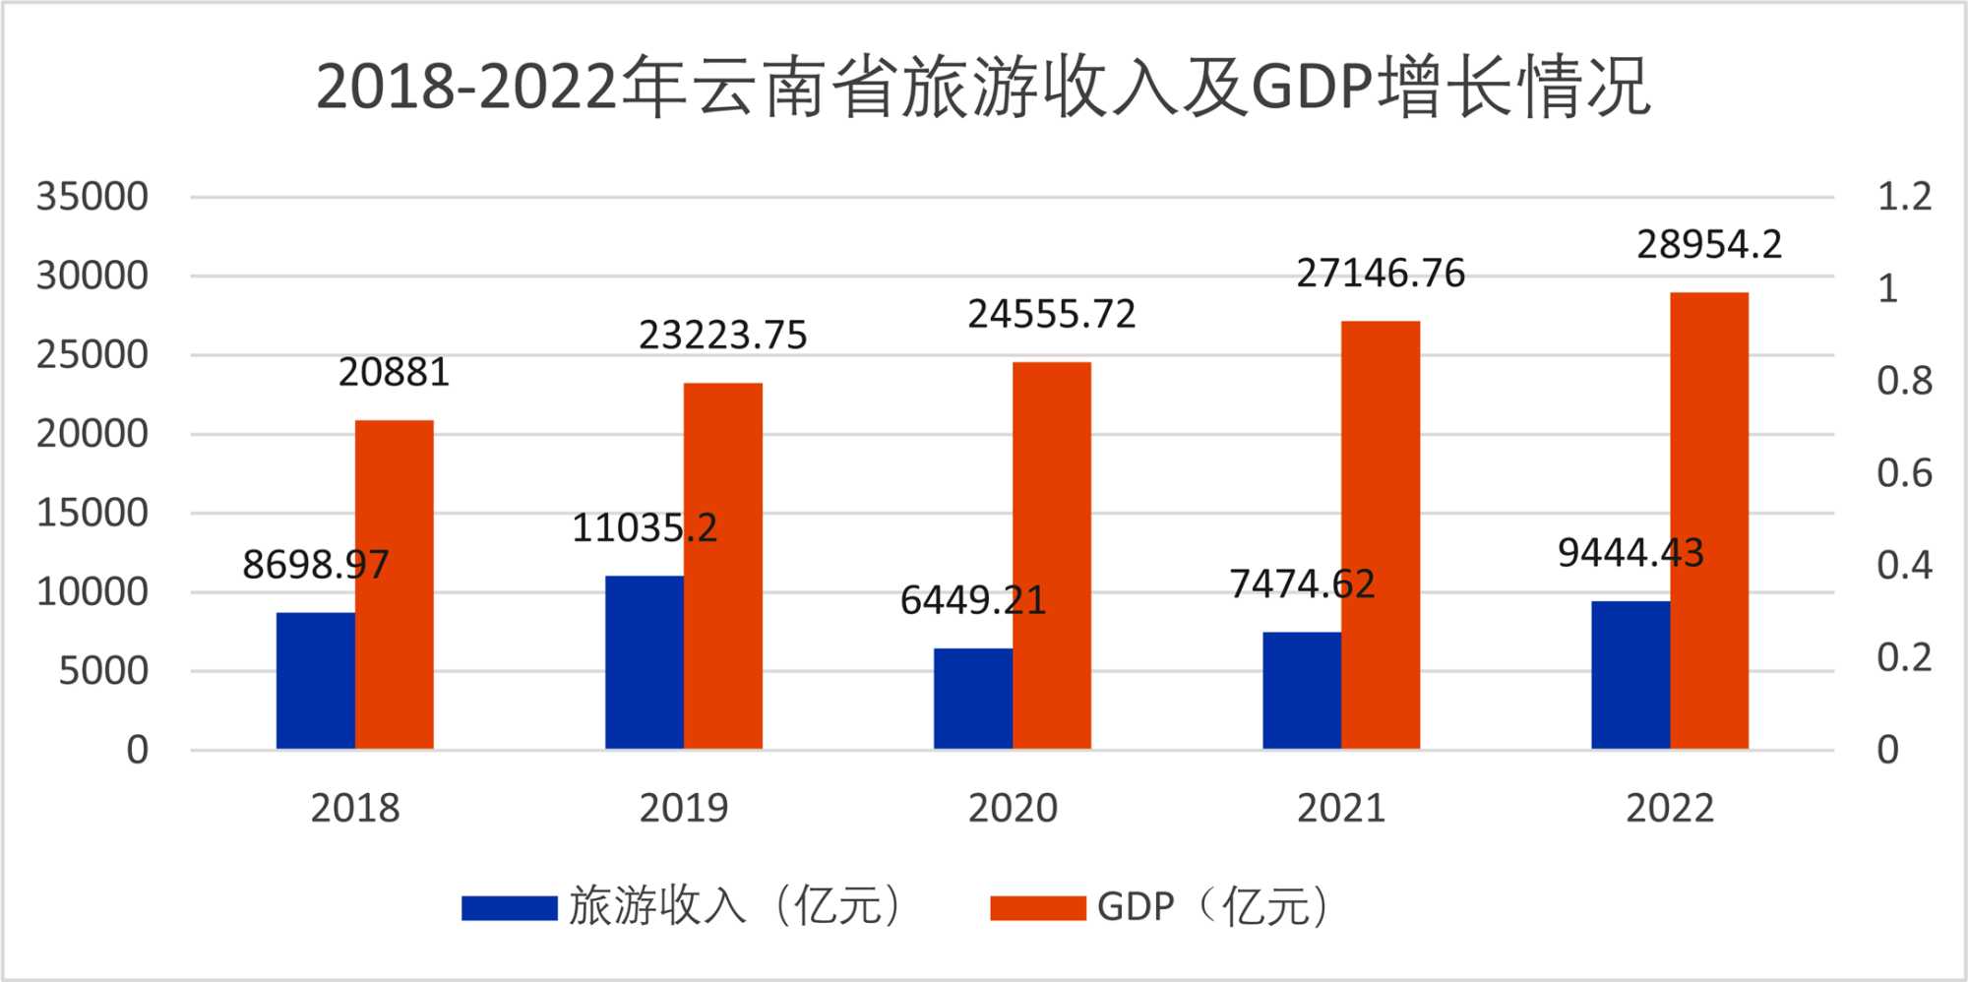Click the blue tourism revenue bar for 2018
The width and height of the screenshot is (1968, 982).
(x=315, y=681)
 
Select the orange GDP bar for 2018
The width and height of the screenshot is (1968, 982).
(x=394, y=584)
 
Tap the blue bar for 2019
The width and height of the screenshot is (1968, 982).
(x=644, y=662)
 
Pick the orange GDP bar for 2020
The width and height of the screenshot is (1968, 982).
(x=1051, y=556)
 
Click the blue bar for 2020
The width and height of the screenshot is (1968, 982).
(x=972, y=699)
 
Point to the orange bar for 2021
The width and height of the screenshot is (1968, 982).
(x=1380, y=535)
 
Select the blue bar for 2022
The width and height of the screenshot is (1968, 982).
(x=1630, y=675)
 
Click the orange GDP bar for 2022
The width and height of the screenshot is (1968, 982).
(x=1708, y=521)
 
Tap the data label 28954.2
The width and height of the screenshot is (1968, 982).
(x=1708, y=245)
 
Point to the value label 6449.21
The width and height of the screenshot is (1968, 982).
(x=972, y=600)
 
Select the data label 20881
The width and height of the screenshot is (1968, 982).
(x=394, y=373)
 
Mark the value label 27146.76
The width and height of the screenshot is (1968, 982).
(x=1380, y=274)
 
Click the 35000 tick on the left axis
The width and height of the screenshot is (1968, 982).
(x=92, y=197)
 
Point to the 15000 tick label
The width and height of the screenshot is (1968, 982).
(x=92, y=513)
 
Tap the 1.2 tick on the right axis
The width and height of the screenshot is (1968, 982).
(x=1904, y=197)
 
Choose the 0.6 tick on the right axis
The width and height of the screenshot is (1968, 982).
(x=1904, y=473)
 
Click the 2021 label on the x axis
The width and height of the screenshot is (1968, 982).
(x=1340, y=809)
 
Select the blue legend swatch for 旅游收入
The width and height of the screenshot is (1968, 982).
(x=509, y=907)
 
